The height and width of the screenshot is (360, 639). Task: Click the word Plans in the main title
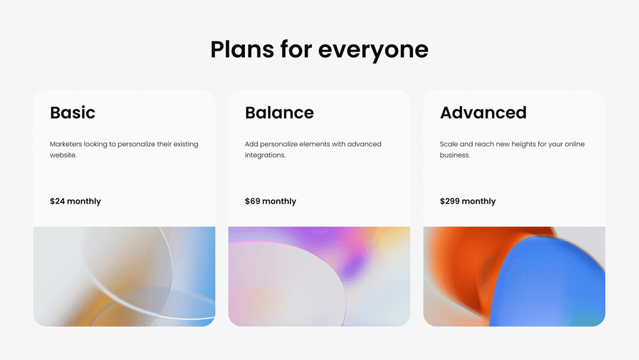point(242,49)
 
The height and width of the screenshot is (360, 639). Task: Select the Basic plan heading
point(73,112)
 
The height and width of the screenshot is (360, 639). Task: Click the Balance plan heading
point(279,112)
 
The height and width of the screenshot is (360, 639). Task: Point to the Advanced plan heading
point(483,112)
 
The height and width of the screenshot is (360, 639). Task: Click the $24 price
point(57,201)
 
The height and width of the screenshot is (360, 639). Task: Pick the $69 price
point(253,201)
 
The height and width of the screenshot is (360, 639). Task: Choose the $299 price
point(450,201)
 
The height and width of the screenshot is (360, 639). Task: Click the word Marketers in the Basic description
point(66,144)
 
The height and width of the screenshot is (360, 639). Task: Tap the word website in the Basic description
point(63,155)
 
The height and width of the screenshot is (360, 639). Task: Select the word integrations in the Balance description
point(265,155)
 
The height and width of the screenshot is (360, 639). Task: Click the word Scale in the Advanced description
point(448,144)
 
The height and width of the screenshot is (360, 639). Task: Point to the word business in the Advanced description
point(455,155)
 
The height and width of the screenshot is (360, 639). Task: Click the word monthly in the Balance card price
point(279,201)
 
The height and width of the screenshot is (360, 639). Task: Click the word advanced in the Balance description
point(364,144)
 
